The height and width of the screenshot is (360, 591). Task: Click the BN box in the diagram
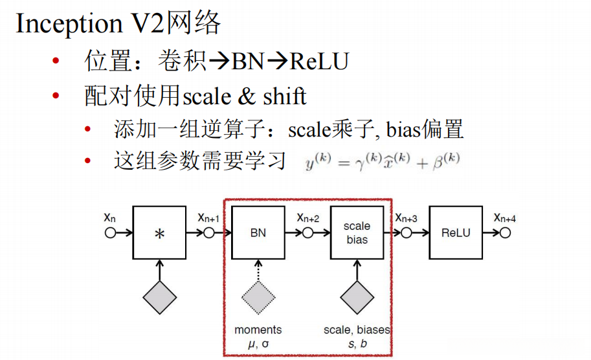258,232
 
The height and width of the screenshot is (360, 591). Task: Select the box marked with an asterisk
159,232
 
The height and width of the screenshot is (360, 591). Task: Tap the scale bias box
357,232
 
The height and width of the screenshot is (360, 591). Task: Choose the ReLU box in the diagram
456,232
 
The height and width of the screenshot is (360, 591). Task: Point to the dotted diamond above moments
258,298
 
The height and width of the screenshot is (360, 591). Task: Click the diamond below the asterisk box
159,298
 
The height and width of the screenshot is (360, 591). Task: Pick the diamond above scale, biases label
357,298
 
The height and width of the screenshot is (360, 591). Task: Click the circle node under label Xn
110,232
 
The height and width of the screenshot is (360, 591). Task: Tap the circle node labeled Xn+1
208,232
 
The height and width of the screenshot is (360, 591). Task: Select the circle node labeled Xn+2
307,232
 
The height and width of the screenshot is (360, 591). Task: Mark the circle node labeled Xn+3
407,232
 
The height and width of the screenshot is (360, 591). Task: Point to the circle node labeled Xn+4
505,232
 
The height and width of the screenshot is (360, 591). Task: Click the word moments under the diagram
258,330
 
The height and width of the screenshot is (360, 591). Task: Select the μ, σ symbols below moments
258,343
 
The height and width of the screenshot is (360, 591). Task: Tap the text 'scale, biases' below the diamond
357,330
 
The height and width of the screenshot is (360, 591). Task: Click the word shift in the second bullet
285,96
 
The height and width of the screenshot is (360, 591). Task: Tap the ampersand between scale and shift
247,96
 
